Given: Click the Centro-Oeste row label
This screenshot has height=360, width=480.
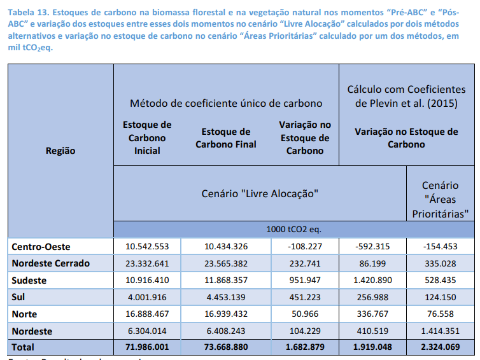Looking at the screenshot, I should point(41,246).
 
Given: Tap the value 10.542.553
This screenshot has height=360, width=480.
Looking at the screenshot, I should point(147,246).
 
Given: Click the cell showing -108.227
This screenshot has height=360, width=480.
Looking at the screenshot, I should point(304,246).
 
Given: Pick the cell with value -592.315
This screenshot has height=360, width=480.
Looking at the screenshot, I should point(372,246).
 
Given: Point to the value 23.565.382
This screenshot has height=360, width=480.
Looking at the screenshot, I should point(226,263).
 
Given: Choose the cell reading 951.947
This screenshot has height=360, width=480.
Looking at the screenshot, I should point(304,280).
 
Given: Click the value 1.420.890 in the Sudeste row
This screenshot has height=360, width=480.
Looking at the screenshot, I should point(372,280).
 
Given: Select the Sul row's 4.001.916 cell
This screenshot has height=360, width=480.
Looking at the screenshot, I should point(147,297).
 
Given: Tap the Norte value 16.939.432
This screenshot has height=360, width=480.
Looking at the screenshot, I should point(226,314).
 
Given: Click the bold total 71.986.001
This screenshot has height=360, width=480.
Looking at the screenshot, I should point(147,348).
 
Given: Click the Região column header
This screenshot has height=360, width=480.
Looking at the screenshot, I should point(60,151).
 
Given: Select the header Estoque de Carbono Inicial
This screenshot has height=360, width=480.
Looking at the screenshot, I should point(147,137).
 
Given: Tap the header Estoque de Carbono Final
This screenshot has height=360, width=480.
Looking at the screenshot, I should point(226,138).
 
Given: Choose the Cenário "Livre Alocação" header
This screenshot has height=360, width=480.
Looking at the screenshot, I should point(260,192).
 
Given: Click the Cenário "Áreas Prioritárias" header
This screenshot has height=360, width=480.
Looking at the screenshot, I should point(441,200).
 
